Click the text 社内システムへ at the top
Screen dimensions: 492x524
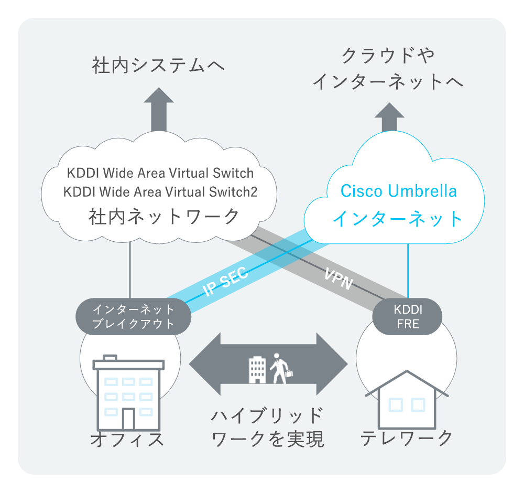pyautogui.click(x=158, y=66)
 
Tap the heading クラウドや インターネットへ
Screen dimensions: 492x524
pyautogui.click(x=388, y=68)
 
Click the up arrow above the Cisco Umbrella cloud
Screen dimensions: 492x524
pyautogui.click(x=389, y=116)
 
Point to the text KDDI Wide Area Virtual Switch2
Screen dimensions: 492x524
pyautogui.click(x=160, y=191)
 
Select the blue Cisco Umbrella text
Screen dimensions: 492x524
pyautogui.click(x=398, y=191)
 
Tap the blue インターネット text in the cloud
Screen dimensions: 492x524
pyautogui.click(x=398, y=218)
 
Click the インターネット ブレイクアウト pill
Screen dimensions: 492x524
pyautogui.click(x=133, y=316)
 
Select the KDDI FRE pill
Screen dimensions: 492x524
pyautogui.click(x=407, y=316)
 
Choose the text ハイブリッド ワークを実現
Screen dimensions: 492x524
pyautogui.click(x=267, y=427)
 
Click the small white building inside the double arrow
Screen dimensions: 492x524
pyautogui.click(x=257, y=369)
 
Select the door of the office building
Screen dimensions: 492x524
pyautogui.click(x=128, y=419)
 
